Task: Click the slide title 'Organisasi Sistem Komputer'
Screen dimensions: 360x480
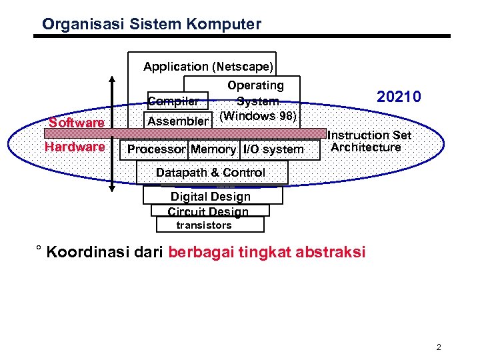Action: pyautogui.click(x=151, y=25)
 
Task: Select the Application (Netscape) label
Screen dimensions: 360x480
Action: pyautogui.click(x=209, y=67)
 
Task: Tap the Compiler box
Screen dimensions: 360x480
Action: pyautogui.click(x=173, y=101)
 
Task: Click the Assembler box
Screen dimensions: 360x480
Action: pyautogui.click(x=177, y=121)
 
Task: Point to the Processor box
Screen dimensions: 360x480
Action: pyautogui.click(x=156, y=149)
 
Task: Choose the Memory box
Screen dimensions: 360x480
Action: pyautogui.click(x=213, y=149)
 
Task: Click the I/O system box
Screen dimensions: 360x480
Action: pyautogui.click(x=273, y=149)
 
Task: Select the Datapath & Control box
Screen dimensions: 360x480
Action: pyautogui.click(x=211, y=173)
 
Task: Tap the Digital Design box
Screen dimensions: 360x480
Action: pyautogui.click(x=211, y=197)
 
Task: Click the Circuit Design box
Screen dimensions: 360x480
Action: pyautogui.click(x=208, y=211)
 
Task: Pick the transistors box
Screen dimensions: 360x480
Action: pyautogui.click(x=204, y=225)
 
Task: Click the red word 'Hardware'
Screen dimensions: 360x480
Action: pyautogui.click(x=75, y=147)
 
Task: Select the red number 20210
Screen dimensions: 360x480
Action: pyautogui.click(x=399, y=97)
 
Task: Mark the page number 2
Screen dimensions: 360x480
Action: pyautogui.click(x=439, y=347)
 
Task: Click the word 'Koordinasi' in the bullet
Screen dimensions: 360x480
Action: pyautogui.click(x=83, y=253)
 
